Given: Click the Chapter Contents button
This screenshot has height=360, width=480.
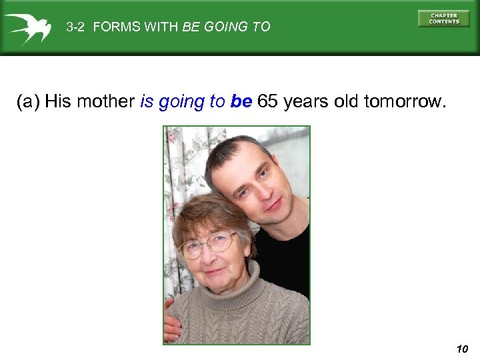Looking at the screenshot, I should click(x=443, y=19).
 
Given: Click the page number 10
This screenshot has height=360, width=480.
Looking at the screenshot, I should click(x=463, y=349).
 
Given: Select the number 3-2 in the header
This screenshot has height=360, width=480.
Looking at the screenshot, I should click(x=76, y=27).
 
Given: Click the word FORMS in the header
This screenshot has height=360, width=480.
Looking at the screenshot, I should click(x=113, y=27).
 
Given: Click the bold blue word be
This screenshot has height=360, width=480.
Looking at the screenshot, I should click(x=241, y=102).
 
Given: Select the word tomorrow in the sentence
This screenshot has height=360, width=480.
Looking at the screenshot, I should click(x=403, y=102).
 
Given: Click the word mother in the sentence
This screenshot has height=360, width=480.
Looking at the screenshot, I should click(x=106, y=102).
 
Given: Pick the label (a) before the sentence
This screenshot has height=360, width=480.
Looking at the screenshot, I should click(x=28, y=102).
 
